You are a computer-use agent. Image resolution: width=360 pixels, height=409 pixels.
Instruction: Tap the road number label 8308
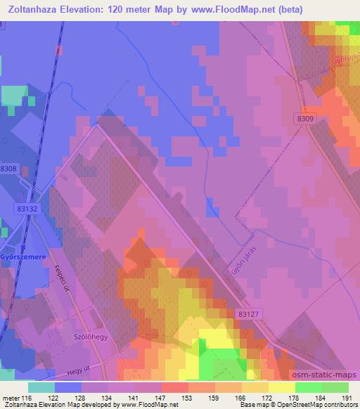[x=8, y=169]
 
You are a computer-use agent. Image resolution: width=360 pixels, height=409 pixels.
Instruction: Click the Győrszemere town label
[x=23, y=258]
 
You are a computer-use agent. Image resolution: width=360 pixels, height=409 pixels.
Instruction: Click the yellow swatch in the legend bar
[x=282, y=387]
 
